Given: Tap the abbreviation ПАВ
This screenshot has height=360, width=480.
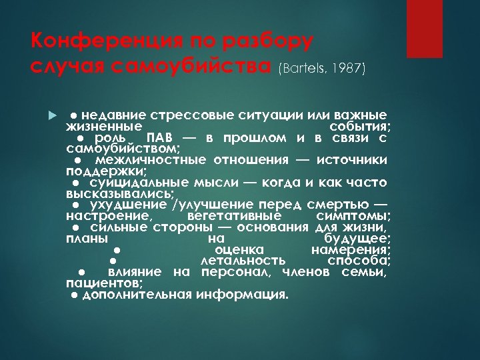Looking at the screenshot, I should coord(156,137).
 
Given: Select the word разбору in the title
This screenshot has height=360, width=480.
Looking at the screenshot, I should coord(267,41).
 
